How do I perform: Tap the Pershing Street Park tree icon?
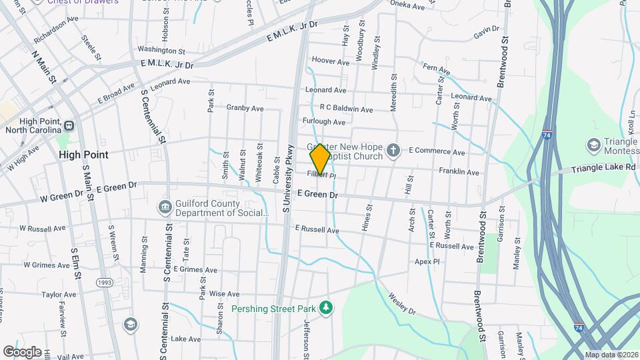326,307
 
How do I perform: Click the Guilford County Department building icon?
164,207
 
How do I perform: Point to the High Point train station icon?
69,125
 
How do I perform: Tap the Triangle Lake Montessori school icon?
593,145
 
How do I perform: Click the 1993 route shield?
105,283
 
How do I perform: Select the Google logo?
22,352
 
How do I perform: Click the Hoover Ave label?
330,62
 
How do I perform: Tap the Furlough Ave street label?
324,122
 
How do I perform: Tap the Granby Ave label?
245,108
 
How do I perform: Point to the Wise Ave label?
224,294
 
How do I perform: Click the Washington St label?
161,50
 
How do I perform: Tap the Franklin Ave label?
459,172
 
